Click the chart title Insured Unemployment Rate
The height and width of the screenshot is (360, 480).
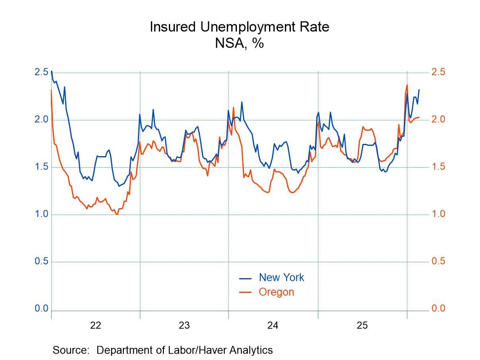coord(239,27)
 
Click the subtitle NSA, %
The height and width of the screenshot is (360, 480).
coord(239,43)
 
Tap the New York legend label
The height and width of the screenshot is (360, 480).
coord(281,277)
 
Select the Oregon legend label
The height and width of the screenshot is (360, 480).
coord(276,292)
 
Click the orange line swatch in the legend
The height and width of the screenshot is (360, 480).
coord(245,292)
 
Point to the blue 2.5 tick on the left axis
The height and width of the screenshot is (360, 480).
coord(41,72)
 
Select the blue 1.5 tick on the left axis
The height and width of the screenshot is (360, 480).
coord(41,167)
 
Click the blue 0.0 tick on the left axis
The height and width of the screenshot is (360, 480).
coord(41,309)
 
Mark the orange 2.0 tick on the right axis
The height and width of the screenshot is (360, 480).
coord(438,120)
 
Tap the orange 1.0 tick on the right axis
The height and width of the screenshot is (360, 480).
coord(438,214)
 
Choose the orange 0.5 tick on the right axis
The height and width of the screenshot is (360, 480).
coord(438,261)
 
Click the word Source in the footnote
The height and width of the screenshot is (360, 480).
coord(70,350)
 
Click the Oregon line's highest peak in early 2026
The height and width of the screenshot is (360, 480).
coord(407,85)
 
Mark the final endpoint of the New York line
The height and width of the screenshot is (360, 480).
coord(419,90)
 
